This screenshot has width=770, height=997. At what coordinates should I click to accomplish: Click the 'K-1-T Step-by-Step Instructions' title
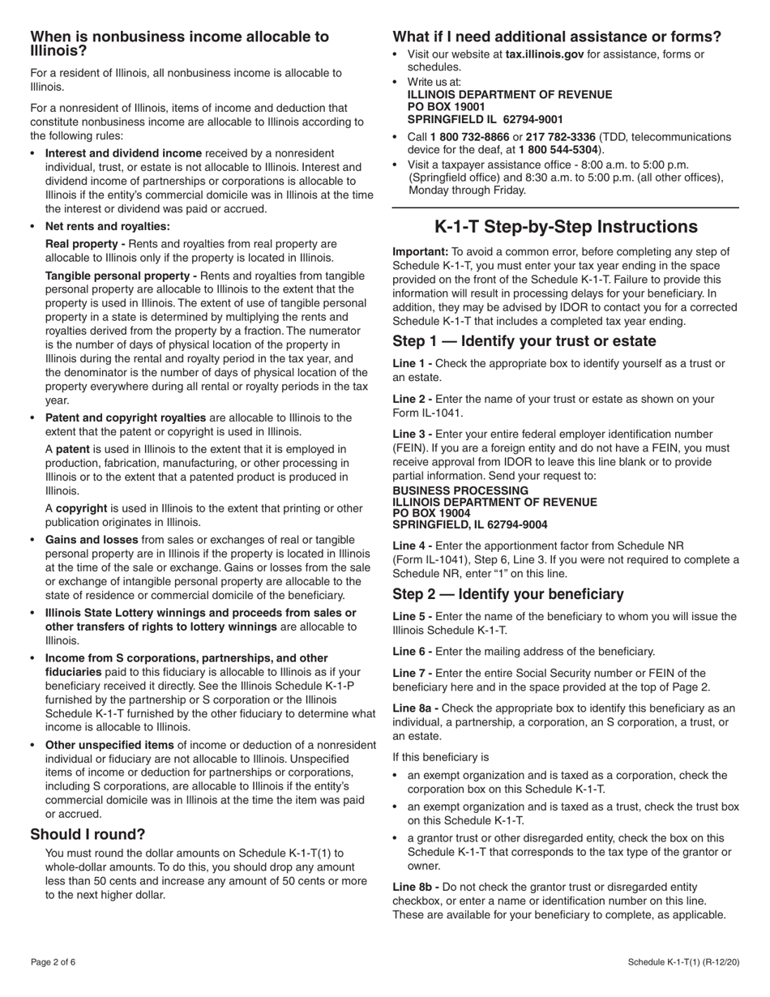point(566,227)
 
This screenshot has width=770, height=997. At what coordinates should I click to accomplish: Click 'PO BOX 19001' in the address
point(446,107)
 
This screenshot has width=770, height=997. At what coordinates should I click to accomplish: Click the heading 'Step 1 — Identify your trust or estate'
point(524,341)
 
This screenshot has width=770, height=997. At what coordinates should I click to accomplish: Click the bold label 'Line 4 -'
point(413,546)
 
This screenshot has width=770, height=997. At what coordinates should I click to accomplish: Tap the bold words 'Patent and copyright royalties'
point(126,417)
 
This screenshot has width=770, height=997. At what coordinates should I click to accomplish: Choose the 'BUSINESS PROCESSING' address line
point(460,490)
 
